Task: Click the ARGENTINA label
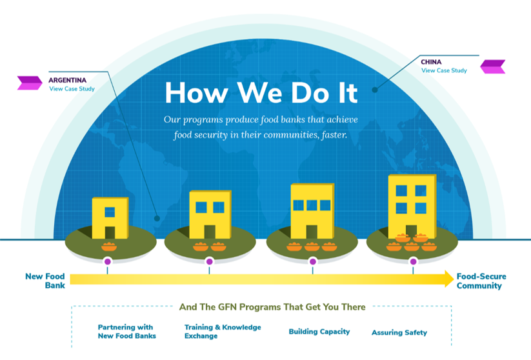pyautogui.click(x=67, y=80)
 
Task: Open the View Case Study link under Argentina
pyautogui.click(x=72, y=89)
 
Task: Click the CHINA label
pyautogui.click(x=431, y=62)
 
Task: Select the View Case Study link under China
pyautogui.click(x=444, y=70)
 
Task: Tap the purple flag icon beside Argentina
pyautogui.click(x=30, y=83)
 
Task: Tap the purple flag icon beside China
pyautogui.click(x=493, y=66)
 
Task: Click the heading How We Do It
pyautogui.click(x=261, y=92)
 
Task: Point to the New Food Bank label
pyautogui.click(x=45, y=281)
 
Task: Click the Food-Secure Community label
pyautogui.click(x=481, y=281)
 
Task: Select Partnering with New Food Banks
pyautogui.click(x=126, y=332)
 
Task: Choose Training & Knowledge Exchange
pyautogui.click(x=223, y=332)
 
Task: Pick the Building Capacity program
pyautogui.click(x=319, y=332)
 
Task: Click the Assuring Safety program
pyautogui.click(x=399, y=332)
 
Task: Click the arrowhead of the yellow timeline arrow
pyautogui.click(x=449, y=279)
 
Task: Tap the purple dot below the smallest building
pyautogui.click(x=108, y=261)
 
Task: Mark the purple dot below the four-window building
pyautogui.click(x=413, y=261)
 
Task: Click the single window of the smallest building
pyautogui.click(x=110, y=212)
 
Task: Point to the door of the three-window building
pyautogui.click(x=312, y=232)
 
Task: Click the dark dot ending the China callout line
pyautogui.click(x=375, y=90)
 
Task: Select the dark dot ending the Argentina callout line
pyautogui.click(x=157, y=219)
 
